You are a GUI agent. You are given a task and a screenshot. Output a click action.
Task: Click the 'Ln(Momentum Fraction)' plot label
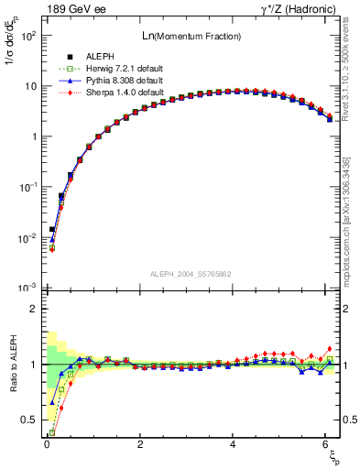pos(190,36)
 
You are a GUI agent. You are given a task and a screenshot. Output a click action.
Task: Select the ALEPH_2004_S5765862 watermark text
pos(190,274)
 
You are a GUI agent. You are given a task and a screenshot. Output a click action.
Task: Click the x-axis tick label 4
pos(234,444)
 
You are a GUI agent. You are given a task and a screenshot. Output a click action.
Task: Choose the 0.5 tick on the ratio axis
pos(31,420)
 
